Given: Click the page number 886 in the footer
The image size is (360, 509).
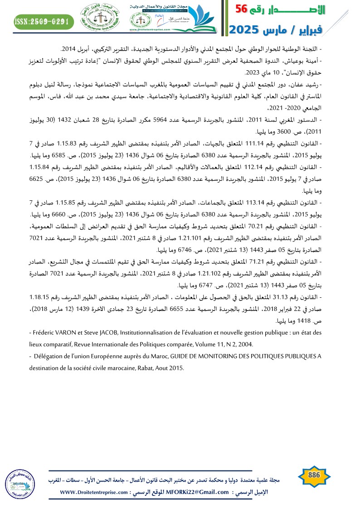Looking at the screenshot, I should click(314, 475).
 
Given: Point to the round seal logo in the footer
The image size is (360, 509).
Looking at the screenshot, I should click(20, 483).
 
